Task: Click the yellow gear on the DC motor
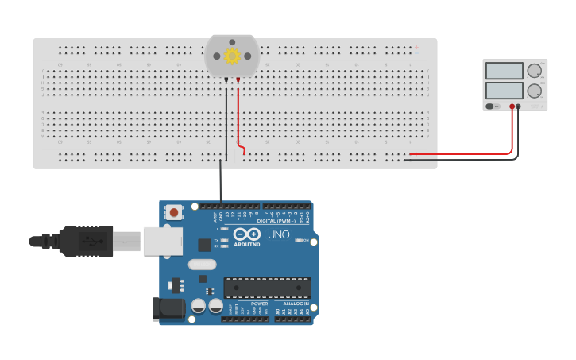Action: point(232,56)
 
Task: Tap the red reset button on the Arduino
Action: point(174,212)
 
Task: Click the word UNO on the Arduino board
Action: point(278,235)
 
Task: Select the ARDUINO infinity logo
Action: point(246,235)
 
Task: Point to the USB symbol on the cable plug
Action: point(93,241)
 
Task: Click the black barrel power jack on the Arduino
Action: point(168,309)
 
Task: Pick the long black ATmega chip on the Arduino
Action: point(267,288)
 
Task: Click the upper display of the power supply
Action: point(504,71)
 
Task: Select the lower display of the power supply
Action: point(504,91)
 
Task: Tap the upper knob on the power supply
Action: point(534,71)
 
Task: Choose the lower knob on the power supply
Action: point(534,91)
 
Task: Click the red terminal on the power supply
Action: point(512,106)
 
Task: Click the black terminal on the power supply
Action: point(519,106)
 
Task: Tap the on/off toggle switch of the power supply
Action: point(490,106)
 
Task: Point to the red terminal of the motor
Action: point(238,80)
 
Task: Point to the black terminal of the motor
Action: point(226,80)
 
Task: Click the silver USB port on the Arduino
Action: point(162,241)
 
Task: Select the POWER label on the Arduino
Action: point(259,304)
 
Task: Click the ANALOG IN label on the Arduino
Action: point(295,304)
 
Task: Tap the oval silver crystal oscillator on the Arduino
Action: point(202,265)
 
